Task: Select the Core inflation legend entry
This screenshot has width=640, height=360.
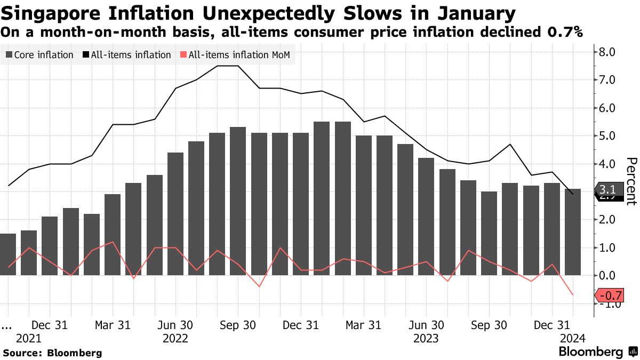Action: pos(39,55)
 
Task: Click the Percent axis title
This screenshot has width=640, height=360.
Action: pos(631,181)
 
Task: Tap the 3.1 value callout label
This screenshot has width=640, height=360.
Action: pos(607,190)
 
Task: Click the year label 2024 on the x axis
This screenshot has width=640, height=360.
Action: pos(573,338)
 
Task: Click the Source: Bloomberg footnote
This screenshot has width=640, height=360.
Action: pos(52,353)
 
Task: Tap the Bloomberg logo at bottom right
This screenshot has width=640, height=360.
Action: pos(597,352)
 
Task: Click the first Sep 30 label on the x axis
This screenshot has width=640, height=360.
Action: pos(237,325)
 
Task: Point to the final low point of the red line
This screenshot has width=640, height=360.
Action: pos(573,295)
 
